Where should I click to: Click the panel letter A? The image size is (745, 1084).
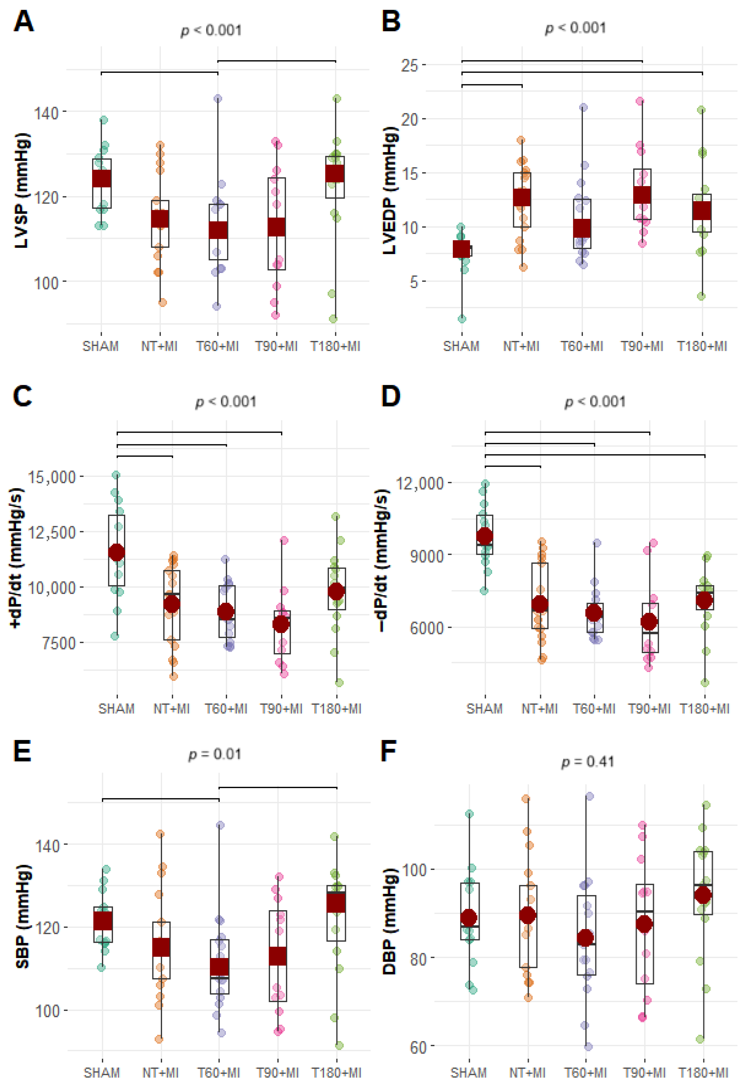[x=23, y=22]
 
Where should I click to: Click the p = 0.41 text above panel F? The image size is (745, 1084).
[x=587, y=762]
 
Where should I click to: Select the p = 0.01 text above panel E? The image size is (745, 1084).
[x=215, y=755]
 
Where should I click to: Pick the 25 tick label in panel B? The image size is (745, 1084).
[x=409, y=65]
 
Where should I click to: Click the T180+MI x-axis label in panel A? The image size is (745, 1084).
[x=335, y=346]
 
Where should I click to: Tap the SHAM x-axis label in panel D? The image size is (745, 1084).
[x=484, y=709]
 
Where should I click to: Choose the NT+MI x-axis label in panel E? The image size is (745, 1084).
[x=160, y=1072]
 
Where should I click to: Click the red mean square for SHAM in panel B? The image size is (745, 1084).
[x=462, y=249]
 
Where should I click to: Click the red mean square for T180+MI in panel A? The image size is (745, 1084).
[x=335, y=174]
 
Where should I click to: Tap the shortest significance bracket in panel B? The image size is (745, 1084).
[x=492, y=85]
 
